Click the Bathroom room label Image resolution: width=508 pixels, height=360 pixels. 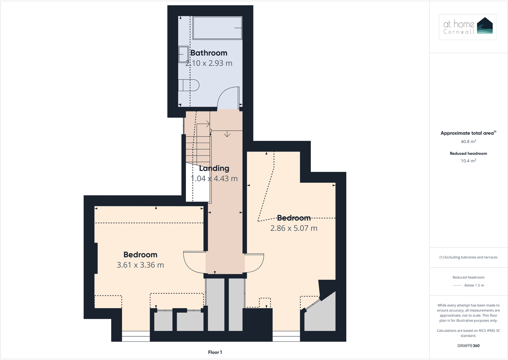point(209,53)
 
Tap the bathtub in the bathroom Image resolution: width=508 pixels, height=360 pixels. point(217,28)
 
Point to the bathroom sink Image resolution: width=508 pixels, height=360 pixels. point(183,55)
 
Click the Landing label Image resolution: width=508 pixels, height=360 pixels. point(214,168)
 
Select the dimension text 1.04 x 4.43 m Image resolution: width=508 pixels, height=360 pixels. point(214,179)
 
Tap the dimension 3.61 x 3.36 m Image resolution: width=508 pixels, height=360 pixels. point(140,265)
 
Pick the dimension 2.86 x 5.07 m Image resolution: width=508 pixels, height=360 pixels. point(294,228)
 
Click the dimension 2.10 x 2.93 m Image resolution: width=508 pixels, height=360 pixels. point(209,63)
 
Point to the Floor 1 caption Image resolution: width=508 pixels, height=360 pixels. point(215,352)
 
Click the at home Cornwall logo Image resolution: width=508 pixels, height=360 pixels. point(467,27)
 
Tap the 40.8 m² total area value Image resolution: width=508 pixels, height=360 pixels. point(468,142)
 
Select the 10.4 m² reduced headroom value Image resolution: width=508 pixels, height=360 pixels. point(468,161)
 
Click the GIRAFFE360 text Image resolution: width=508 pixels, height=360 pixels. point(468,346)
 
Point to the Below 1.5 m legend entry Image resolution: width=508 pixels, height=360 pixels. point(474,285)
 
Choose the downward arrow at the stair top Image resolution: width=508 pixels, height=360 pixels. point(227,134)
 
